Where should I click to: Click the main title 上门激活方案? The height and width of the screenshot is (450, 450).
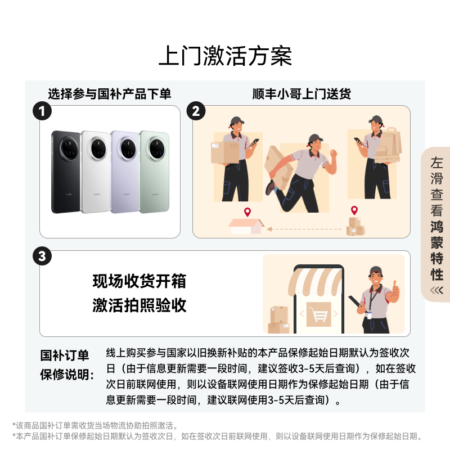click(225, 57)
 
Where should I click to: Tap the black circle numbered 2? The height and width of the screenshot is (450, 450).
click(196, 110)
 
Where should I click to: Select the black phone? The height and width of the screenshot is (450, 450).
click(65, 172)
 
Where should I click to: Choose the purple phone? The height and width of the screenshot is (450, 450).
click(125, 172)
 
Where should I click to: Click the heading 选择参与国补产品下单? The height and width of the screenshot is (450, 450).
click(109, 94)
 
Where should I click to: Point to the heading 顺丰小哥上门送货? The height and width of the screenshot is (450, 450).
click(301, 94)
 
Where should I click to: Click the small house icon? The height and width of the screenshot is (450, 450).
click(246, 226)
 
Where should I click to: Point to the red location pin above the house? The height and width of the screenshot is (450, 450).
click(247, 212)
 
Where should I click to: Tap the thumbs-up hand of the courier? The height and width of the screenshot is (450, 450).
click(395, 290)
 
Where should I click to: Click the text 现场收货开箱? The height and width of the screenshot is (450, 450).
click(139, 281)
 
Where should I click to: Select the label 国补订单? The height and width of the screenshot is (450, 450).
click(65, 355)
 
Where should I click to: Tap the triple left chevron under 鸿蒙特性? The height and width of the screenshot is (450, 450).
click(436, 290)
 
